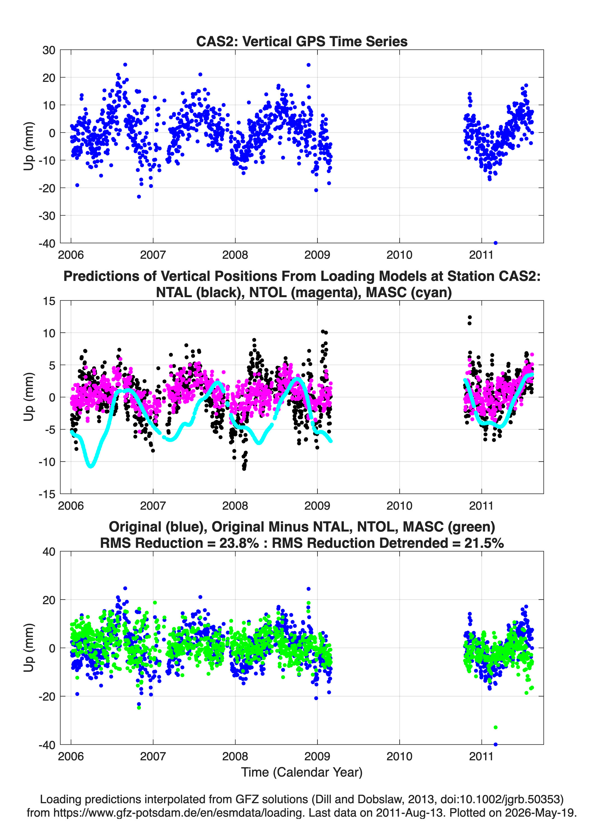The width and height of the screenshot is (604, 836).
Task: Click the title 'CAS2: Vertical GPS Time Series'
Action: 302,41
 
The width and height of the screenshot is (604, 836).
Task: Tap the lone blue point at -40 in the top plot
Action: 495,243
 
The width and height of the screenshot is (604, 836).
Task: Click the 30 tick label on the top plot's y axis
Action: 49,50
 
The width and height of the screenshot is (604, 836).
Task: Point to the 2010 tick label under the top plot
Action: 399,255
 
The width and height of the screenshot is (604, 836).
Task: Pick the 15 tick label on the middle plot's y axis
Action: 49,301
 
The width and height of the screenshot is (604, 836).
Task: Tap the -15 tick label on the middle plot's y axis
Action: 47,494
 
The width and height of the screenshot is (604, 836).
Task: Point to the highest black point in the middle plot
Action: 470,317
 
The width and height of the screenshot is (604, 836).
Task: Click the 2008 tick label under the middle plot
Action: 235,506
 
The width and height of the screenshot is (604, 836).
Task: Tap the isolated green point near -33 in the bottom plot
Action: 495,727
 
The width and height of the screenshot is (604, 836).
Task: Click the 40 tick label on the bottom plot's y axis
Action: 49,552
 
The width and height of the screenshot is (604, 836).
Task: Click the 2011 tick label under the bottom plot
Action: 481,756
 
